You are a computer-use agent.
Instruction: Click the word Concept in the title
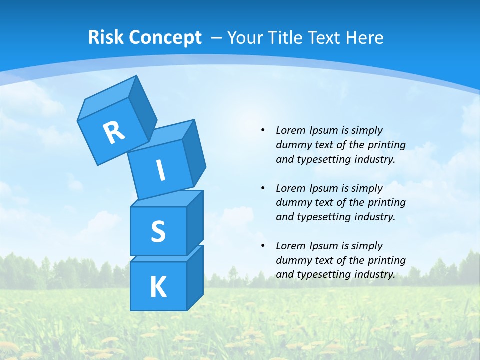coord(165,38)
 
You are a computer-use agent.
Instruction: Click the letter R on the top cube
coord(114,132)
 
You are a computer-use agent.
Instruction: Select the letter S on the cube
coord(158,231)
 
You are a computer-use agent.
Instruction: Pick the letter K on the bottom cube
coord(158,287)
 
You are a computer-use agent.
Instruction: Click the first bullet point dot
coord(263,130)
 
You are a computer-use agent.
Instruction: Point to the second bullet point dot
coord(263,188)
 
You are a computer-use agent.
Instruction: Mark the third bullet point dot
coord(263,246)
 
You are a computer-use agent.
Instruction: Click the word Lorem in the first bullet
coord(290,130)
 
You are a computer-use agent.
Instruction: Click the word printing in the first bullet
coord(387,145)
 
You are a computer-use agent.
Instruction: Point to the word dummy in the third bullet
coord(291,260)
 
